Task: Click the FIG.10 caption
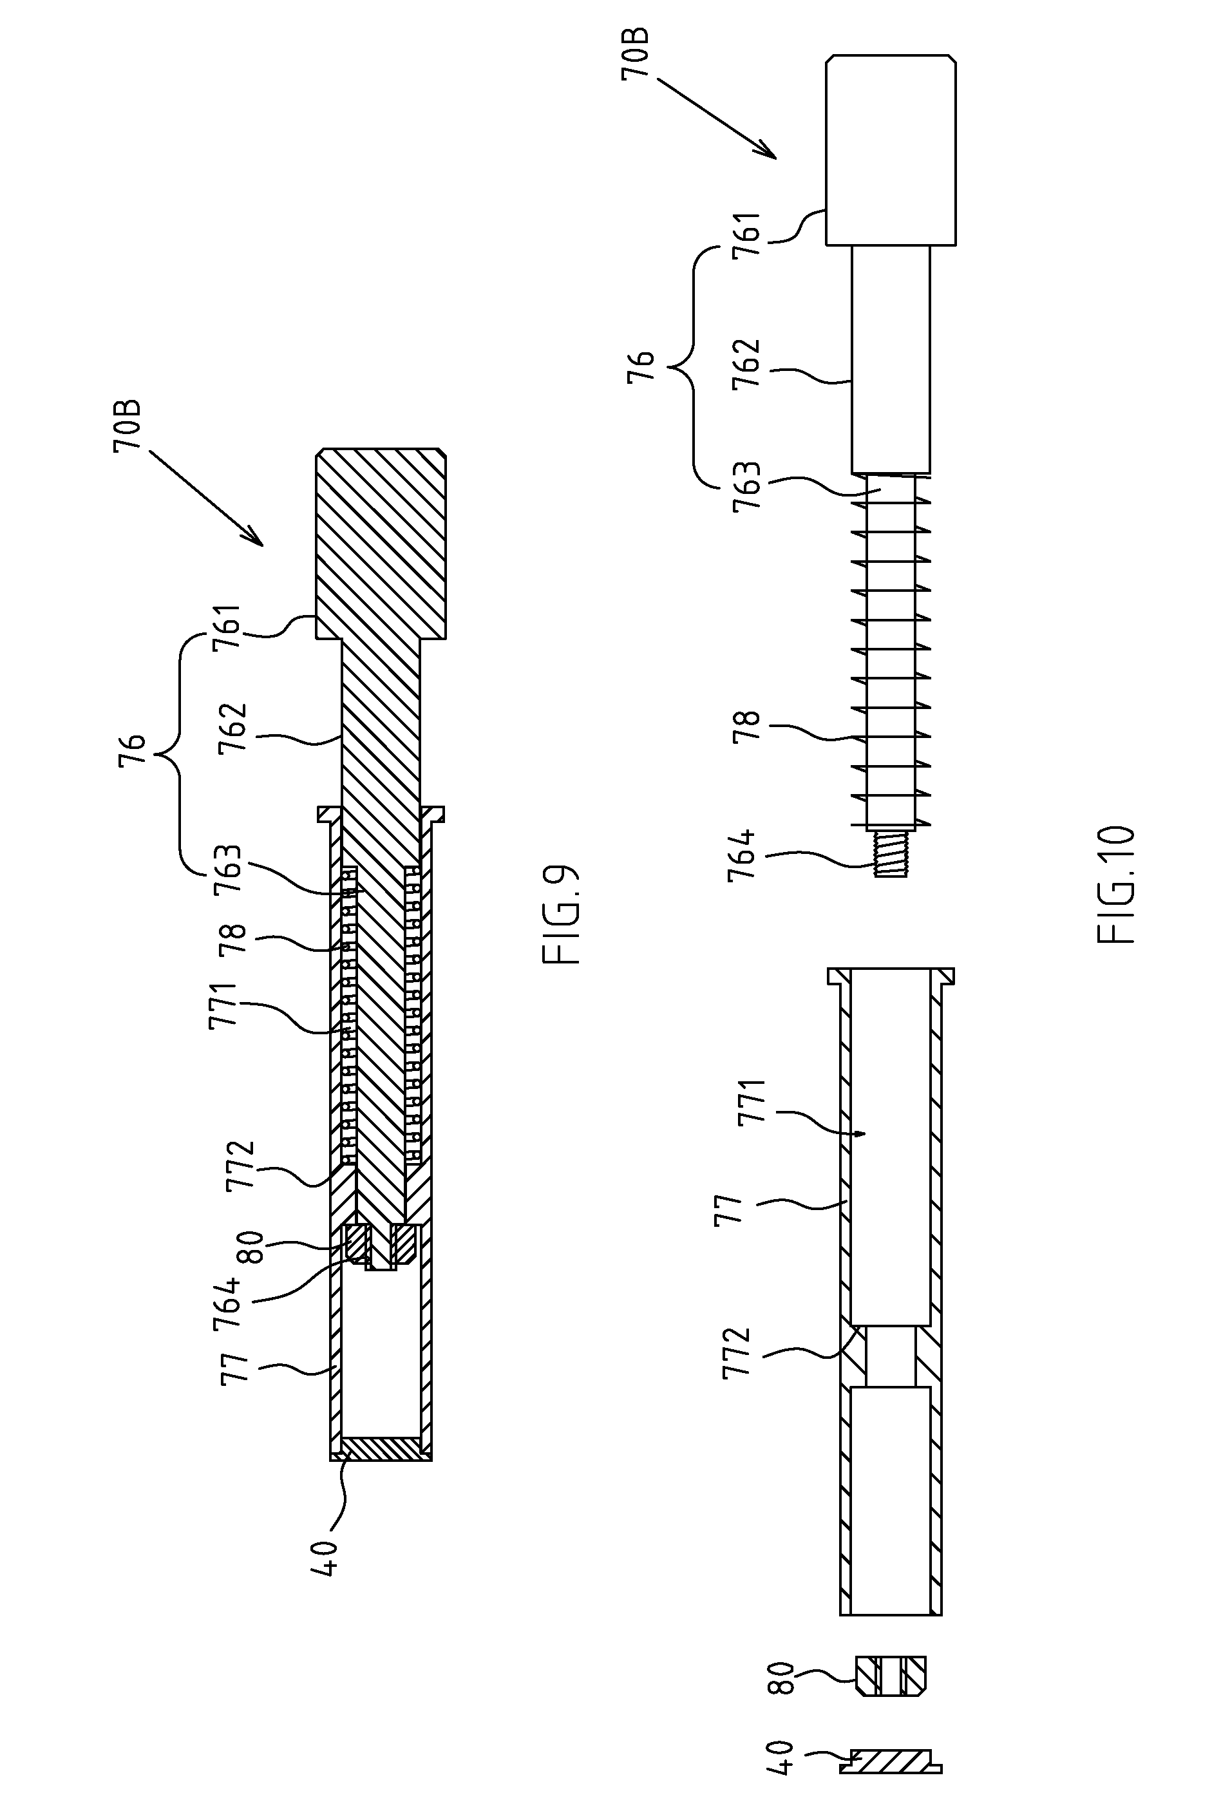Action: [1117, 885]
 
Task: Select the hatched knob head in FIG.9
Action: [380, 544]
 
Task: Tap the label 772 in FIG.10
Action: [737, 1354]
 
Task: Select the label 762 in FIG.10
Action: [746, 363]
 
